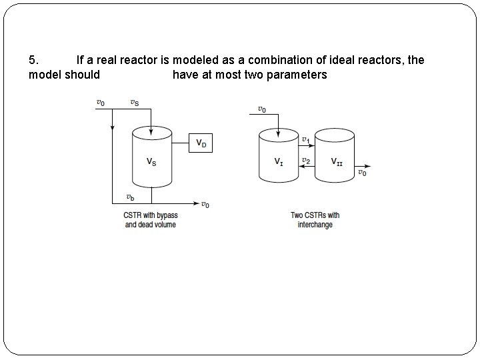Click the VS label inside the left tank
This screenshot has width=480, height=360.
click(x=152, y=161)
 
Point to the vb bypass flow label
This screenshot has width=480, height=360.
click(x=131, y=197)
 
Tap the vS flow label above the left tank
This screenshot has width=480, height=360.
click(x=135, y=103)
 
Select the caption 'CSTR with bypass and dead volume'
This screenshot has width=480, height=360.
click(x=150, y=220)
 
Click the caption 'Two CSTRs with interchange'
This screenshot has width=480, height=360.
click(x=315, y=220)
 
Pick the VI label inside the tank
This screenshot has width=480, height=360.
click(x=279, y=161)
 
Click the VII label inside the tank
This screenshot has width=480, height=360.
click(x=337, y=161)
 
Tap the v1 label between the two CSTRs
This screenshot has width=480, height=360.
click(x=305, y=139)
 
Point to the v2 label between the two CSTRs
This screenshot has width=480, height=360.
click(x=305, y=160)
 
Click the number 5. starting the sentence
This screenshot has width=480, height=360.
click(x=33, y=60)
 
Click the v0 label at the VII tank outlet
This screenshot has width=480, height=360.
click(x=362, y=173)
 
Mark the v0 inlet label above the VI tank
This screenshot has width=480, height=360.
click(x=263, y=109)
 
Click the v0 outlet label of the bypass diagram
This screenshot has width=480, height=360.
click(x=206, y=205)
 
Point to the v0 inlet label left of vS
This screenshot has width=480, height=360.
click(x=100, y=103)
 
